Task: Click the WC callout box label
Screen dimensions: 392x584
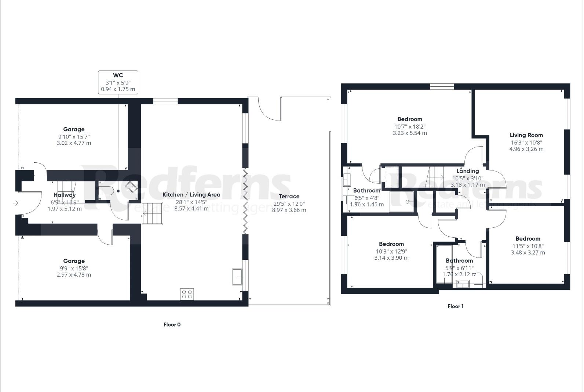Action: click(118, 75)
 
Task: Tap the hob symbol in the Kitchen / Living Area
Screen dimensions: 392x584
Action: click(187, 294)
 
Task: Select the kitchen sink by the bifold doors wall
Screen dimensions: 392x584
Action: click(237, 277)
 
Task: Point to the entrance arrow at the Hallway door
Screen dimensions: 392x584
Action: click(16, 203)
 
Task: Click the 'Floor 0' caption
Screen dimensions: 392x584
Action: click(172, 324)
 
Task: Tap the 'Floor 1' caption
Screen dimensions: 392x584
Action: click(455, 306)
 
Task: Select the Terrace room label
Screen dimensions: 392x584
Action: click(289, 196)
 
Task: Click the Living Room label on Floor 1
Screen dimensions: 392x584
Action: click(526, 135)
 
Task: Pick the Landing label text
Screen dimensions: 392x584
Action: click(467, 171)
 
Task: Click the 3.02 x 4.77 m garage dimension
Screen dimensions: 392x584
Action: click(74, 143)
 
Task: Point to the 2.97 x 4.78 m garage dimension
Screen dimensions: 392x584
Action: click(74, 274)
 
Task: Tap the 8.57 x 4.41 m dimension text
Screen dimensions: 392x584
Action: click(191, 208)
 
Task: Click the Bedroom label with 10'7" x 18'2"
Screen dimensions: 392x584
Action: click(409, 119)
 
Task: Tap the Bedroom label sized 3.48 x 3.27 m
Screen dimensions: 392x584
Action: click(528, 238)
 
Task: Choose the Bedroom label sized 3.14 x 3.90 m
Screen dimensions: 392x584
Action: click(391, 244)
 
